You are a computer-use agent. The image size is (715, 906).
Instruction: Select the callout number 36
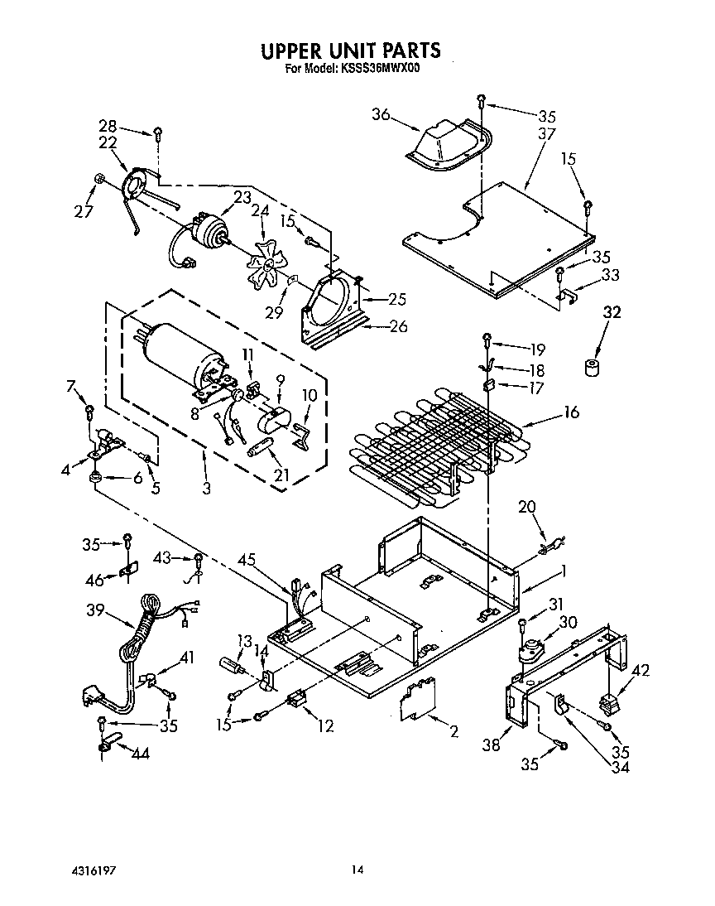[381, 115]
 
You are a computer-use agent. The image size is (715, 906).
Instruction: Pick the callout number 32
[612, 314]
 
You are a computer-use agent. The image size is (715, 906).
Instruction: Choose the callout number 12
[325, 725]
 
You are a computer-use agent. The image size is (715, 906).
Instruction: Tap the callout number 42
[640, 670]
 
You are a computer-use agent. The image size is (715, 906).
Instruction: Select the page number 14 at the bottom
[357, 870]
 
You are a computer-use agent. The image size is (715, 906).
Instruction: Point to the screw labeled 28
[157, 133]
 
